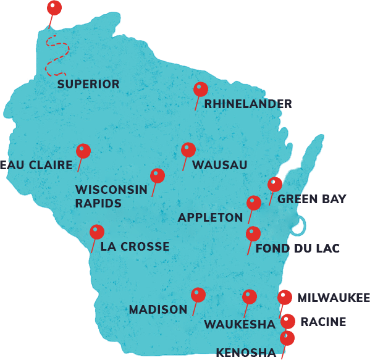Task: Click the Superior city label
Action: click(x=88, y=85)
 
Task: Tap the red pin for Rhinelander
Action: click(x=201, y=90)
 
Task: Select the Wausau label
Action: click(x=219, y=165)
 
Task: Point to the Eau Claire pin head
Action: click(x=83, y=151)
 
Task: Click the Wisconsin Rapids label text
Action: click(x=111, y=196)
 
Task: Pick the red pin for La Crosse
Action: click(x=97, y=232)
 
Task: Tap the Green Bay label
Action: click(x=311, y=199)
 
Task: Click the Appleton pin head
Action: click(x=254, y=203)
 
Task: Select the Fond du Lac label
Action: click(x=297, y=249)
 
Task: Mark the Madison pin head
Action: click(x=198, y=295)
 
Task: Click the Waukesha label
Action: click(x=239, y=324)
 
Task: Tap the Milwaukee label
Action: click(x=333, y=298)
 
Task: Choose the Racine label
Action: click(x=322, y=322)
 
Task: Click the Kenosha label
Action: click(x=245, y=353)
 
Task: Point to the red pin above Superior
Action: click(x=54, y=7)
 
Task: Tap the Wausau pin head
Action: click(x=188, y=149)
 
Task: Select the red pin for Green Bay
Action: click(x=275, y=184)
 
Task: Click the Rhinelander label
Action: click(x=248, y=104)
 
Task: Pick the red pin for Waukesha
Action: click(x=250, y=296)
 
